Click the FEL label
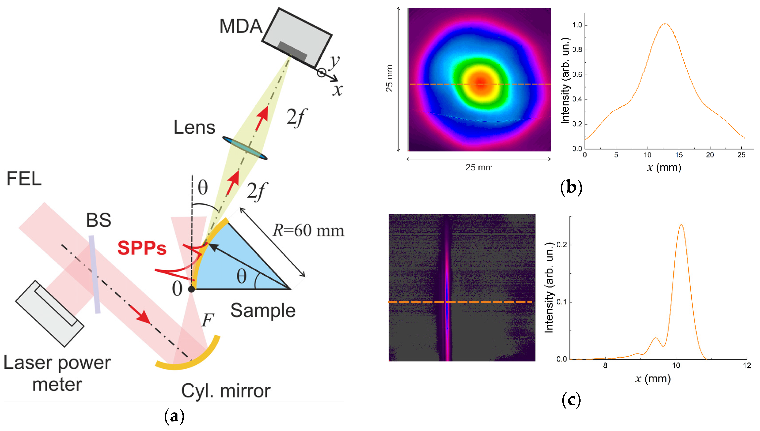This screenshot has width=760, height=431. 24,179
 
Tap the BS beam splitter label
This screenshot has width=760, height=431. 99,220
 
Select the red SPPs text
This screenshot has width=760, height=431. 142,248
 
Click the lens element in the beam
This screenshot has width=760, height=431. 245,148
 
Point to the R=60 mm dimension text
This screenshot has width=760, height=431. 308,231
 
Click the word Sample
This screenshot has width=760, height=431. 263,311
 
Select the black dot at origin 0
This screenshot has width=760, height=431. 191,289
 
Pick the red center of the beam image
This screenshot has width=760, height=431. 480,82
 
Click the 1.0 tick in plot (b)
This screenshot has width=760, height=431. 577,25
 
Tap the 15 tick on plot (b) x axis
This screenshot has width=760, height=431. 679,155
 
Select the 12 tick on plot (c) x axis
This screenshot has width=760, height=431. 747,366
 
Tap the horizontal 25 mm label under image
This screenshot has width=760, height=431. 479,168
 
